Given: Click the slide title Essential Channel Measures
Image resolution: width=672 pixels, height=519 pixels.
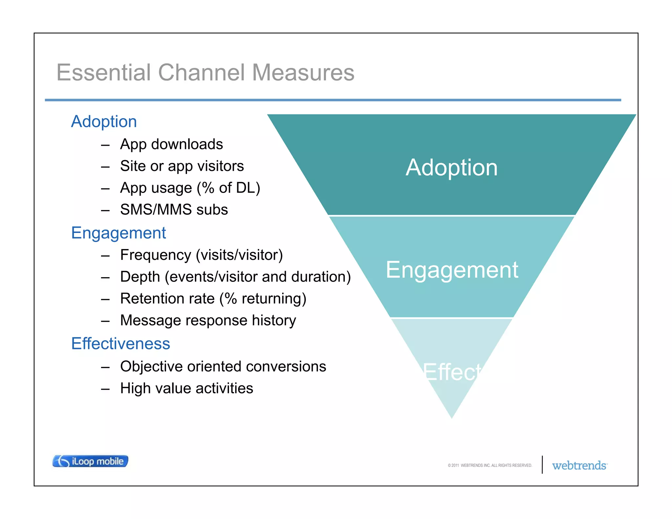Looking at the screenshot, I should (x=205, y=73).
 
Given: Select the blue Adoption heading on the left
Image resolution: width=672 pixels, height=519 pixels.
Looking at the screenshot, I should (x=104, y=122).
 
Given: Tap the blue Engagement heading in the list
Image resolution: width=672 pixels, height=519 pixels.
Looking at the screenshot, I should (x=118, y=233).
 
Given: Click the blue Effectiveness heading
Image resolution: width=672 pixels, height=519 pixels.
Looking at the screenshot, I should (x=120, y=344).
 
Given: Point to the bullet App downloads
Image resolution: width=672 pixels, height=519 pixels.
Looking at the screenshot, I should (x=171, y=144).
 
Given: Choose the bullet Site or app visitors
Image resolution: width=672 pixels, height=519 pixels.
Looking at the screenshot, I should (x=182, y=166).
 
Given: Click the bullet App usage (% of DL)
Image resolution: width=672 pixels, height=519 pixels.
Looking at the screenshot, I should (x=190, y=188).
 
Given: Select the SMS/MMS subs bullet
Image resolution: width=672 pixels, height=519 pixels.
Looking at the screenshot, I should (x=174, y=210).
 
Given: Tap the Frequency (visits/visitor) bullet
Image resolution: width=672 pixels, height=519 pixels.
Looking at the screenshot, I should (x=201, y=255).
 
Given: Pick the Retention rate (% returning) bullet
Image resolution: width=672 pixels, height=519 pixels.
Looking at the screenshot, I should (x=213, y=299).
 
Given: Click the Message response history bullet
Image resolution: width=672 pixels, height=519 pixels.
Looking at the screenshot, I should (x=208, y=321).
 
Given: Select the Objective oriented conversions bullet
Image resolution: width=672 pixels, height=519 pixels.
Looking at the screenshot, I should (x=223, y=367).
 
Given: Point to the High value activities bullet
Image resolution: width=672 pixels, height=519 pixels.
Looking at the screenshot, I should (x=186, y=388).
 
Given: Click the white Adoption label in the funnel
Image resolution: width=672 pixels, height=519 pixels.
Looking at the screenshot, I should (x=451, y=168).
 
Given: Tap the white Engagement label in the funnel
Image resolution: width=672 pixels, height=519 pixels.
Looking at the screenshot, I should (x=451, y=270).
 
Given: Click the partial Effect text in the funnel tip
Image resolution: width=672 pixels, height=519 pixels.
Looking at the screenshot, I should (x=452, y=372).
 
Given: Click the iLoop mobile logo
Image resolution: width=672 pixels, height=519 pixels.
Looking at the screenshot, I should (x=90, y=461).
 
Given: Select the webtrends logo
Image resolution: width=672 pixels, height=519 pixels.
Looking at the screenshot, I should (x=579, y=466).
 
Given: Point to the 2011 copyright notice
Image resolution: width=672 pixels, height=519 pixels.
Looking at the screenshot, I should (x=490, y=466).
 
